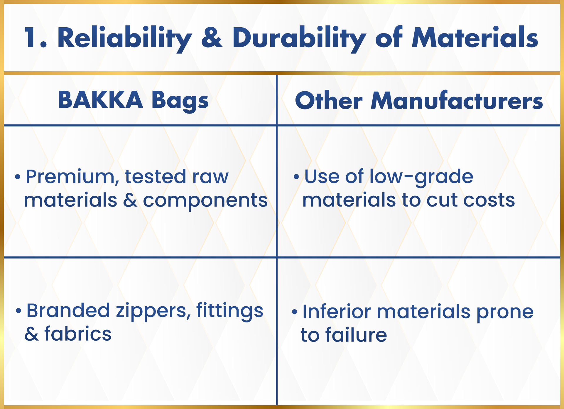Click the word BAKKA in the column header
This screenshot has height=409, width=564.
pyautogui.click(x=100, y=100)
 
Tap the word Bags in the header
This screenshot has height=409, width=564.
pyautogui.click(x=180, y=101)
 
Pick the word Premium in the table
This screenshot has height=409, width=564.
pyautogui.click(x=70, y=177)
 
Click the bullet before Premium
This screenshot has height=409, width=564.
pyautogui.click(x=18, y=177)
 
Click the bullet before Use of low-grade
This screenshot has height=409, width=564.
pyautogui.click(x=296, y=177)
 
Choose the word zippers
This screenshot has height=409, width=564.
pyautogui.click(x=153, y=312)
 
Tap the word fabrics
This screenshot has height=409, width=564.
pyautogui.click(x=78, y=334)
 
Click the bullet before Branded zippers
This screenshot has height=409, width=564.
pyautogui.click(x=18, y=311)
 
